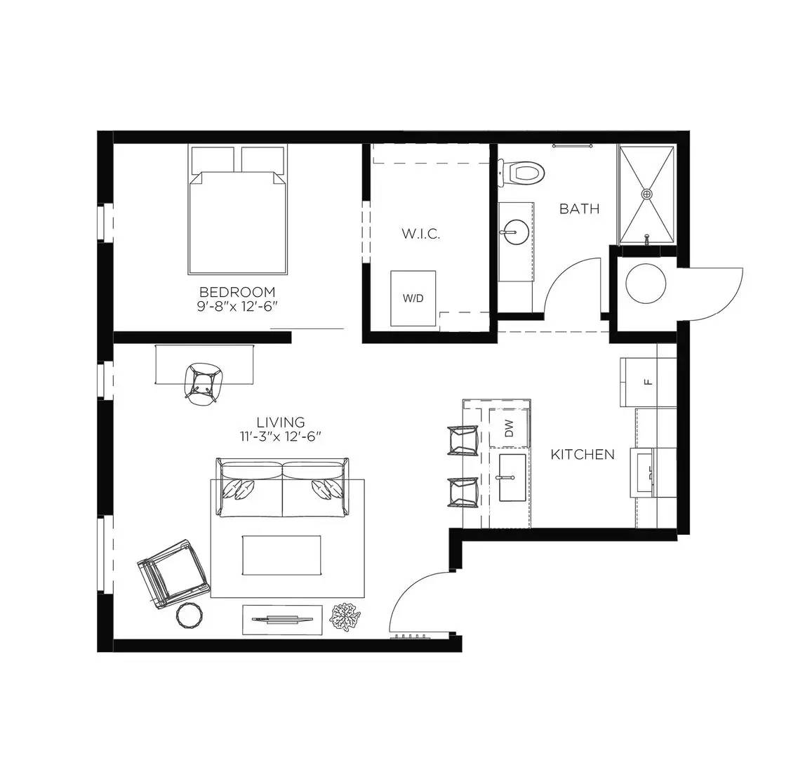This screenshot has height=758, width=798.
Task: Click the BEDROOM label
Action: click(237, 291)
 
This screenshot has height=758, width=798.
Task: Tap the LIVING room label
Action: click(280, 422)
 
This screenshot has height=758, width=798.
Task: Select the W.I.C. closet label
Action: click(420, 234)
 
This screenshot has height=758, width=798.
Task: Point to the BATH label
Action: click(579, 208)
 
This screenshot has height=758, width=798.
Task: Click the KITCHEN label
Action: click(582, 455)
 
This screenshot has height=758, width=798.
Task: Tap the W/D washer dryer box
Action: click(413, 298)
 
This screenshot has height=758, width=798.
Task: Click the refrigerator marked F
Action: click(647, 382)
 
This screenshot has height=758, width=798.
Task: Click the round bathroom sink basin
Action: click(516, 230)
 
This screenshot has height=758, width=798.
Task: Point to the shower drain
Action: click(647, 193)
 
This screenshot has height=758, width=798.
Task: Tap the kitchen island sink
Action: click(512, 477)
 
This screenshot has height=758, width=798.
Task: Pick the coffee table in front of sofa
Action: click(281, 554)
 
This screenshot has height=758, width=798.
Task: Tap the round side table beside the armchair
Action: click(190, 616)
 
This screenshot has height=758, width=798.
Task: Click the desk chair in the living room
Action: click(203, 383)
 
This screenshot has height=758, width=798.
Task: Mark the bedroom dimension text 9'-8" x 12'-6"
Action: click(237, 306)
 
